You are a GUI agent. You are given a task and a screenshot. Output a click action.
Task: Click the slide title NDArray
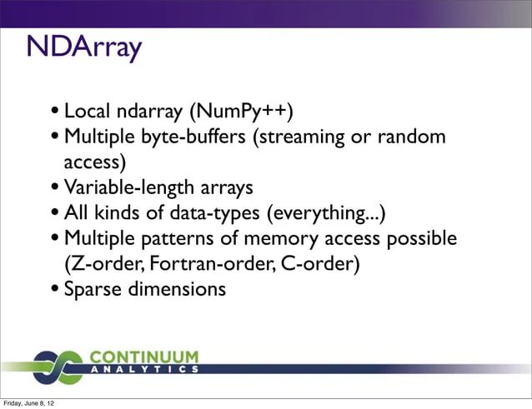pyautogui.click(x=83, y=48)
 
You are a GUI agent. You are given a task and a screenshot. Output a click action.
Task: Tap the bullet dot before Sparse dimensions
pyautogui.click(x=54, y=290)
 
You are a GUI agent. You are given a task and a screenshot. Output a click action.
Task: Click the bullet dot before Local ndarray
pyautogui.click(x=54, y=112)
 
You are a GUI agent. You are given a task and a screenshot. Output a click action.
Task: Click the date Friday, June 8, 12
pyautogui.click(x=29, y=404)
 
